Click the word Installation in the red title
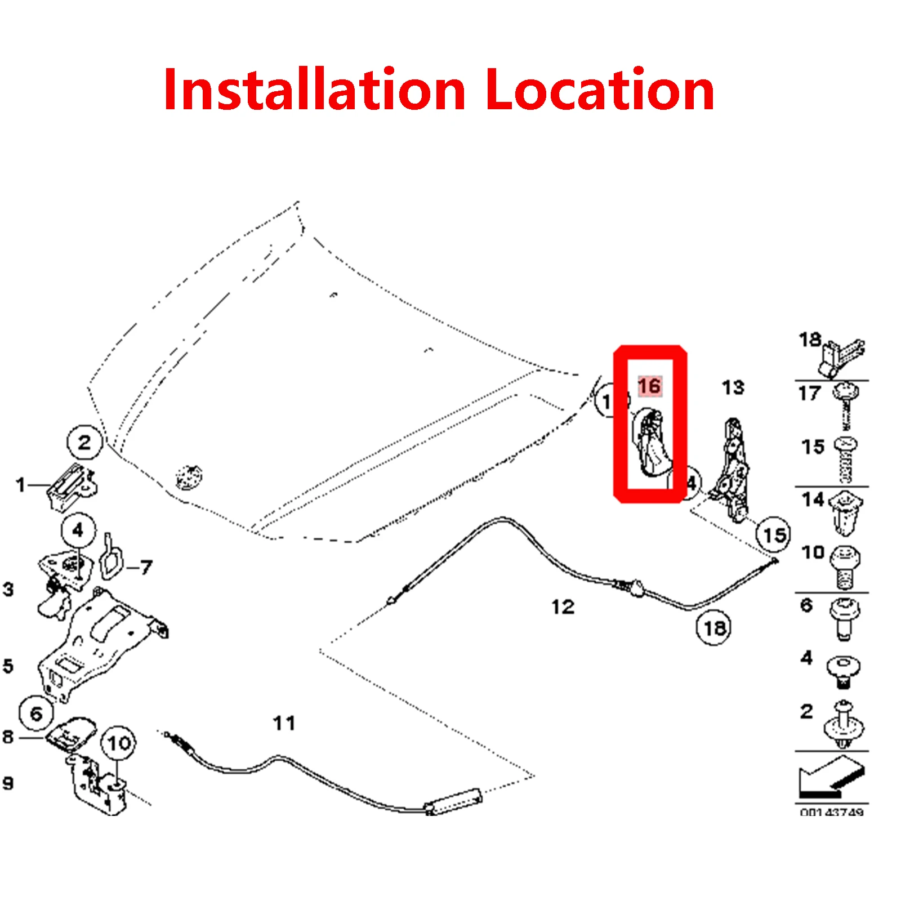point(314,90)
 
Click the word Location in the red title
point(599,90)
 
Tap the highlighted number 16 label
point(649,386)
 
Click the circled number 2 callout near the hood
point(84,442)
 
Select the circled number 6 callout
point(36,714)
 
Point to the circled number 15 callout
point(774,534)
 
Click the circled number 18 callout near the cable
point(714,627)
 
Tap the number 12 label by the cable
point(563,606)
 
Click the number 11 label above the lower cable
point(284,723)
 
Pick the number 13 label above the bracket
point(733,387)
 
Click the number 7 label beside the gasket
point(146,567)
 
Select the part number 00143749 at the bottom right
point(831,811)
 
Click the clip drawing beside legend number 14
point(846,512)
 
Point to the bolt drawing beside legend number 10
point(845,566)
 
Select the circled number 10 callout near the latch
point(118,743)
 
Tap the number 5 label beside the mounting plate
point(8,666)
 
